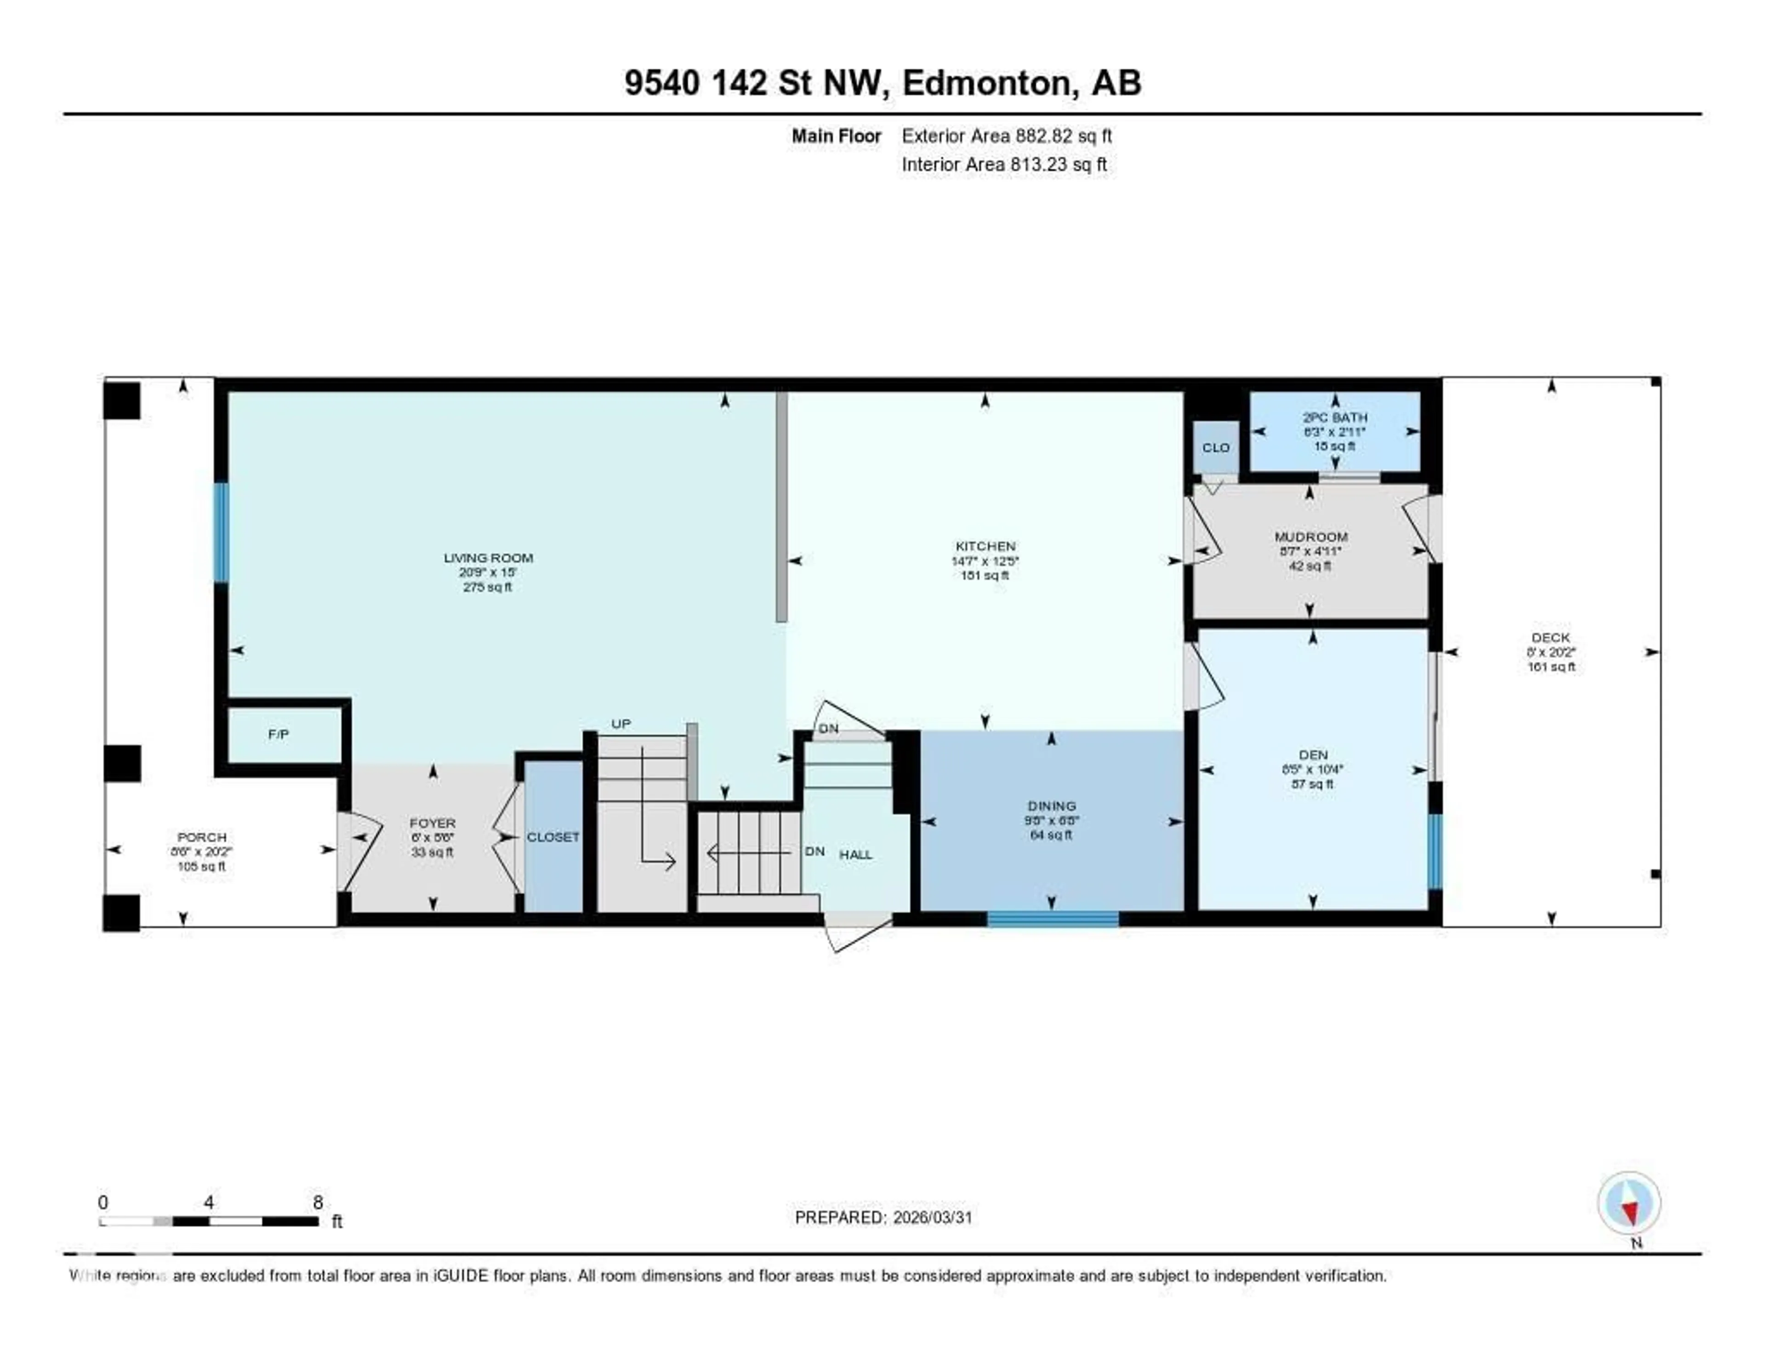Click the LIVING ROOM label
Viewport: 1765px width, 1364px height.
coord(488,558)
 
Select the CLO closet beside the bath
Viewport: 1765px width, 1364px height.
coord(1215,448)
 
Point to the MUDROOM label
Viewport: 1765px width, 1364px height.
coord(1310,537)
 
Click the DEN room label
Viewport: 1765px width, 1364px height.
coord(1312,755)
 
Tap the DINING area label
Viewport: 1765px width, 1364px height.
coord(1051,806)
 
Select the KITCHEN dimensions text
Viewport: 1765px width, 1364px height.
coord(985,561)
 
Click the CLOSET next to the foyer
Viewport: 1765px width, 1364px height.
coord(553,837)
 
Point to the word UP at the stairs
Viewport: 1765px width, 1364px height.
coord(621,724)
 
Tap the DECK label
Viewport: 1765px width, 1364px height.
coord(1550,638)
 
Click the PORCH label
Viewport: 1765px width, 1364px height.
coord(202,837)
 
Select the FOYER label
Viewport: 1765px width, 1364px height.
coord(433,823)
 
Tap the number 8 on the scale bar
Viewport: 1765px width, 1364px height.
coord(319,1202)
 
